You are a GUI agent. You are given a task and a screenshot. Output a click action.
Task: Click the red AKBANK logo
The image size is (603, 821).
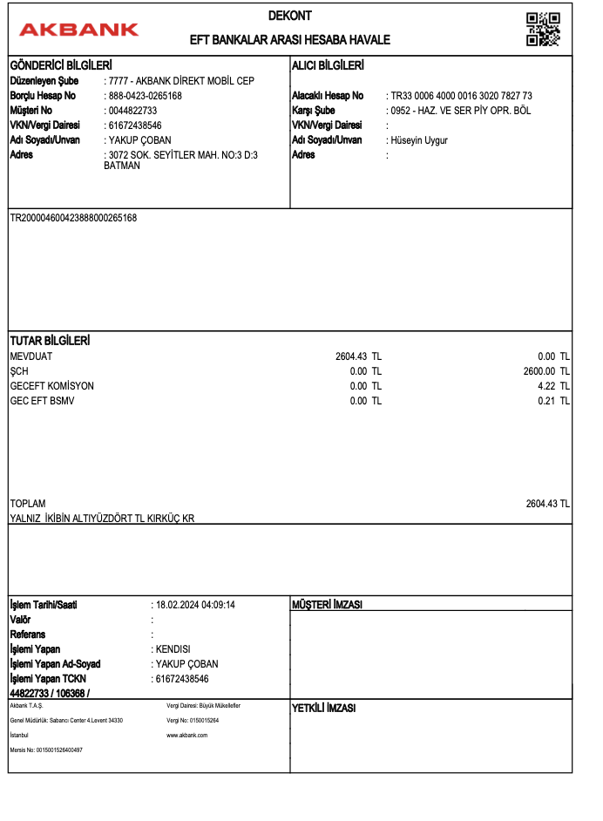(x=78, y=30)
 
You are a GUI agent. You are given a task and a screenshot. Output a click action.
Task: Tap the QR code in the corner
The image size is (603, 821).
(x=543, y=30)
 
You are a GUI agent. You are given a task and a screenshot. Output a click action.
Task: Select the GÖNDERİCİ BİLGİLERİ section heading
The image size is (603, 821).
(x=61, y=66)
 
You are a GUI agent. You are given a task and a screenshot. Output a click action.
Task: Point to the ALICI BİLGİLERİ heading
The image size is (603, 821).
(x=327, y=66)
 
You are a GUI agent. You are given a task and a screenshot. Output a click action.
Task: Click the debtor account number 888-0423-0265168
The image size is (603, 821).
(x=145, y=96)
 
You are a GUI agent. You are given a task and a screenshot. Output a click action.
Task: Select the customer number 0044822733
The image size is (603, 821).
(x=132, y=111)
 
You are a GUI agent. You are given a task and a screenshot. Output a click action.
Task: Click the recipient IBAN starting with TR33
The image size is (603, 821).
(x=461, y=96)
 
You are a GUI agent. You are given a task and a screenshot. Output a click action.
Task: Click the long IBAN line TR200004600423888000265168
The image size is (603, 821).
(x=73, y=218)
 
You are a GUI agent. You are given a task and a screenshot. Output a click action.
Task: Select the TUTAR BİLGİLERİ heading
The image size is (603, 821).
(x=50, y=341)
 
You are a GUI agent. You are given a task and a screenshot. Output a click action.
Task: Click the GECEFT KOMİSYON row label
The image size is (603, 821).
(x=51, y=386)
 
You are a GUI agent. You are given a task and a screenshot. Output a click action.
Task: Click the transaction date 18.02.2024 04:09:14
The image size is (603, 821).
(x=196, y=605)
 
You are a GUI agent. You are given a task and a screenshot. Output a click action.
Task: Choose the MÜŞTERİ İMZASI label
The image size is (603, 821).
(x=327, y=605)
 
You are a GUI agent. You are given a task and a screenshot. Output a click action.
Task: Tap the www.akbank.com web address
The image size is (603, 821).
(x=186, y=736)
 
